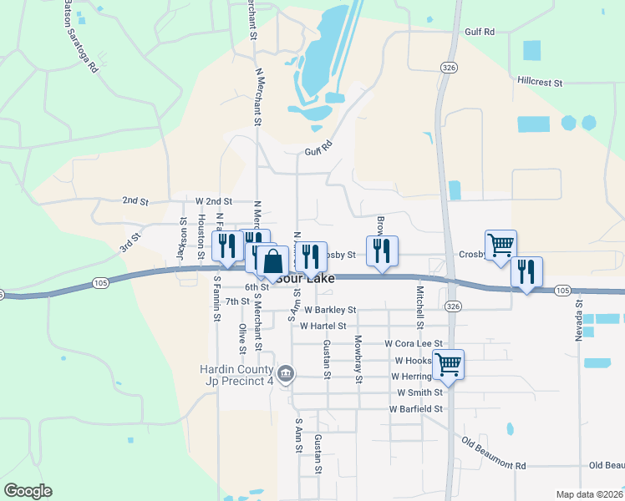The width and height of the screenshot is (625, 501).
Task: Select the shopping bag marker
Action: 272,261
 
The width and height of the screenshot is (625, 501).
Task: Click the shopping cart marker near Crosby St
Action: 501,245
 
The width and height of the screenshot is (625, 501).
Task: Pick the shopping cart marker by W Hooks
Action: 449,363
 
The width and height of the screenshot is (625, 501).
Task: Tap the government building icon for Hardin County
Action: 286,373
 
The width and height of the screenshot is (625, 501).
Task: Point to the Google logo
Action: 28,491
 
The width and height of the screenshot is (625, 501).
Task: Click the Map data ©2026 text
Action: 588,494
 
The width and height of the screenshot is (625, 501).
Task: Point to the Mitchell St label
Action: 420,307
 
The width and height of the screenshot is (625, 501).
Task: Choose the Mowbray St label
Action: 358,359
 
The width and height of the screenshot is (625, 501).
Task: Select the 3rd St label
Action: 130,242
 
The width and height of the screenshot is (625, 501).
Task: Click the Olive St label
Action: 241,338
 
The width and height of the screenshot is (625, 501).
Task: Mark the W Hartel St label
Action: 330,326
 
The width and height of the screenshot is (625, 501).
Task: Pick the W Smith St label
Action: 419,392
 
